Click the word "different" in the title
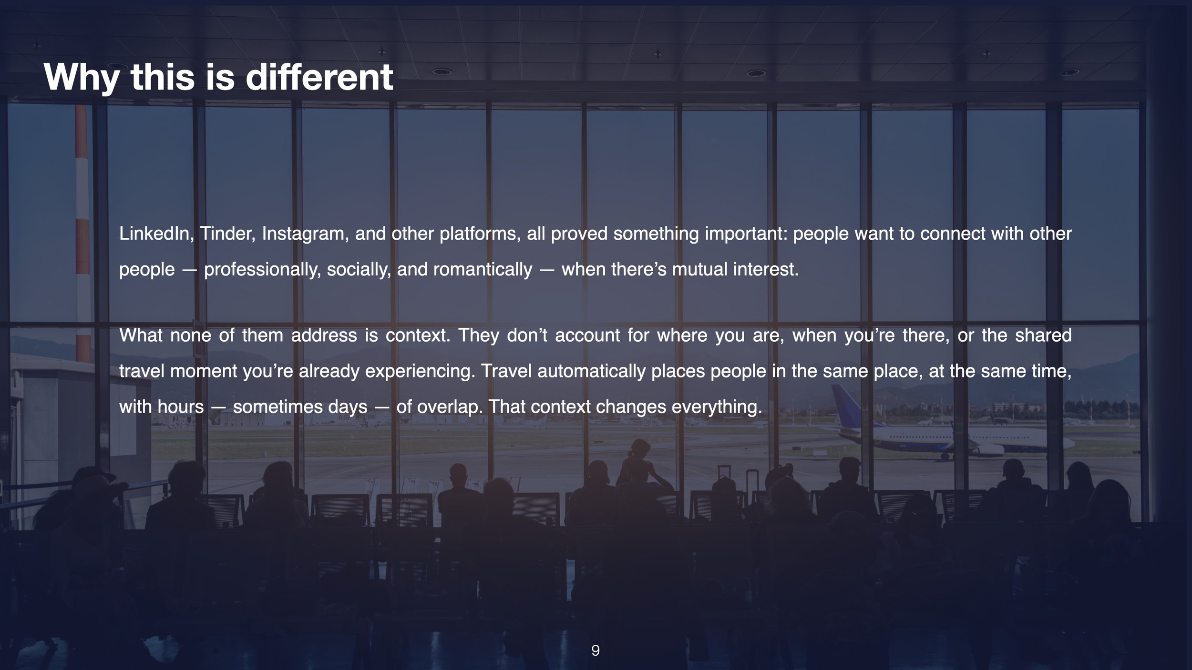tap(319, 77)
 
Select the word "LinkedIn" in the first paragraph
tap(154, 233)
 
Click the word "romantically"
tap(483, 270)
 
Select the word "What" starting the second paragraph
tap(141, 335)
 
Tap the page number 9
tap(596, 650)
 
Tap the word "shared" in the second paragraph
tap(1043, 335)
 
